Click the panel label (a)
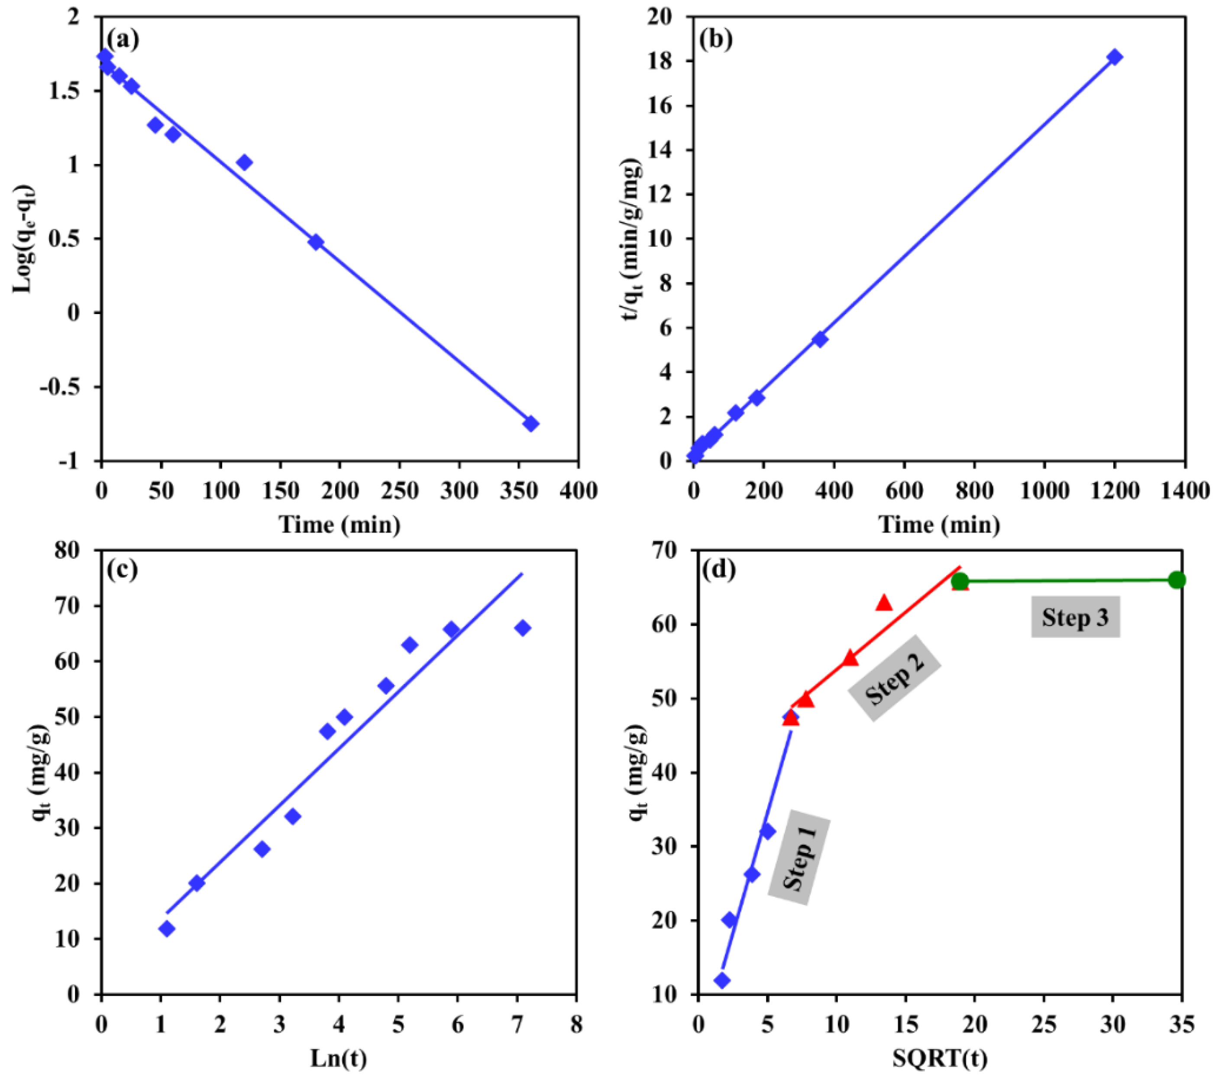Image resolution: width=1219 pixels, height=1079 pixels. pos(123,39)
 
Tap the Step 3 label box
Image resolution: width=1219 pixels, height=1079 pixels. pos(1075,617)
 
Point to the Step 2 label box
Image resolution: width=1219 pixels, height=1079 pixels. pos(895,677)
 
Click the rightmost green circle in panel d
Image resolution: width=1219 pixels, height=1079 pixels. pos(1176,580)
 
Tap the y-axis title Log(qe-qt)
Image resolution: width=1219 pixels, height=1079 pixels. pos(25,239)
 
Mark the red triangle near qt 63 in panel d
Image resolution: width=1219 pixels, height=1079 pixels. pos(884,603)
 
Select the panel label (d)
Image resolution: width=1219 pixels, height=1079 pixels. pos(719,570)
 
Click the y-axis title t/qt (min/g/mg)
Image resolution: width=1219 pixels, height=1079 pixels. pos(632,239)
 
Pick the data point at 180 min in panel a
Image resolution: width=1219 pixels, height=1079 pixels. pos(316,242)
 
